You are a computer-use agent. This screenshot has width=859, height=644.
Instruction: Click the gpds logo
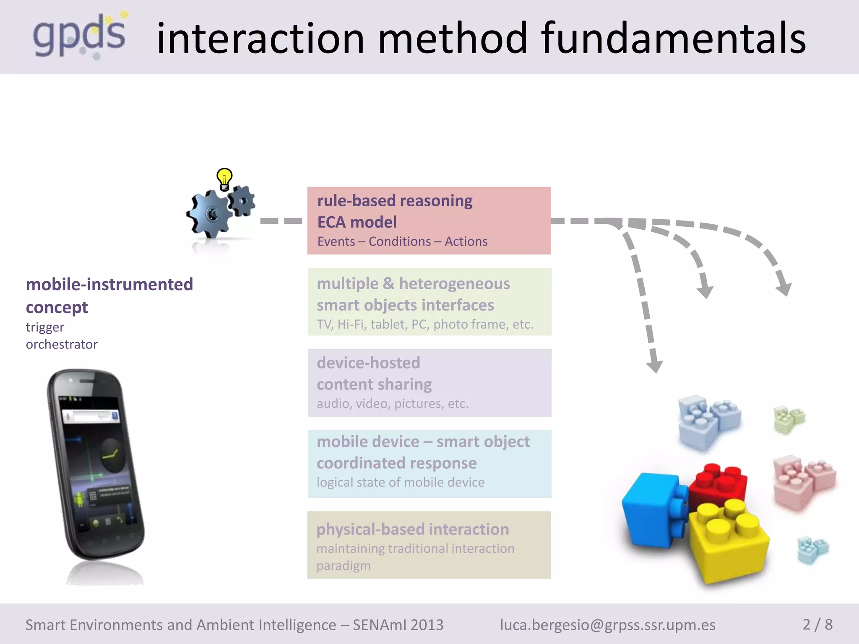[x=80, y=36]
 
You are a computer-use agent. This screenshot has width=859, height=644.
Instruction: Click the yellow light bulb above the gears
[x=224, y=179]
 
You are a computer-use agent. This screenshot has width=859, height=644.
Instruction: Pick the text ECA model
[x=357, y=222]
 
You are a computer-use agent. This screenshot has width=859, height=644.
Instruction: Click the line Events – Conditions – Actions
[x=402, y=241]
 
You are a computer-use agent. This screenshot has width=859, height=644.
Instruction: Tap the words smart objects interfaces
[x=405, y=305]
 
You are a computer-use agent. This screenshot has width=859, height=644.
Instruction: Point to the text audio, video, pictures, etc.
[x=392, y=403]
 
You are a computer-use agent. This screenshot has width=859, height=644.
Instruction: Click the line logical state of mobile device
[x=400, y=482]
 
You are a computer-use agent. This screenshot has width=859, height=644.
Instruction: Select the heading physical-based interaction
[x=413, y=529]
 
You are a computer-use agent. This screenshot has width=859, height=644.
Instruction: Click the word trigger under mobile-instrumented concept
[x=45, y=327]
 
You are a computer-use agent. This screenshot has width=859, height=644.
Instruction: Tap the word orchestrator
[x=62, y=344]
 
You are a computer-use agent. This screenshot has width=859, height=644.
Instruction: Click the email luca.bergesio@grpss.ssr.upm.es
[x=608, y=625]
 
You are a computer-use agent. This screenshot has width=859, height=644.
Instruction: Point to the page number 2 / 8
[x=817, y=624]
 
